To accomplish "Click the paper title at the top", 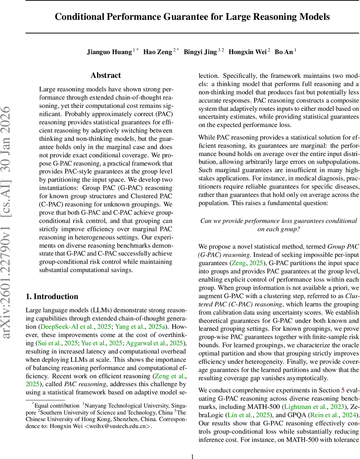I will click(x=192, y=17).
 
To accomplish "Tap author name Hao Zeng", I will click(x=157, y=52).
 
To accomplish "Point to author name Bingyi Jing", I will click(x=200, y=52).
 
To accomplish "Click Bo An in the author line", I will click(x=284, y=52).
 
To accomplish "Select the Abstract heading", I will click(x=105, y=75).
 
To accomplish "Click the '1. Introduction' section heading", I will click(x=52, y=296).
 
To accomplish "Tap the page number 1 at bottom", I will click(x=192, y=446).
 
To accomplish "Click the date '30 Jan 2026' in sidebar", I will click(x=11, y=138).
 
